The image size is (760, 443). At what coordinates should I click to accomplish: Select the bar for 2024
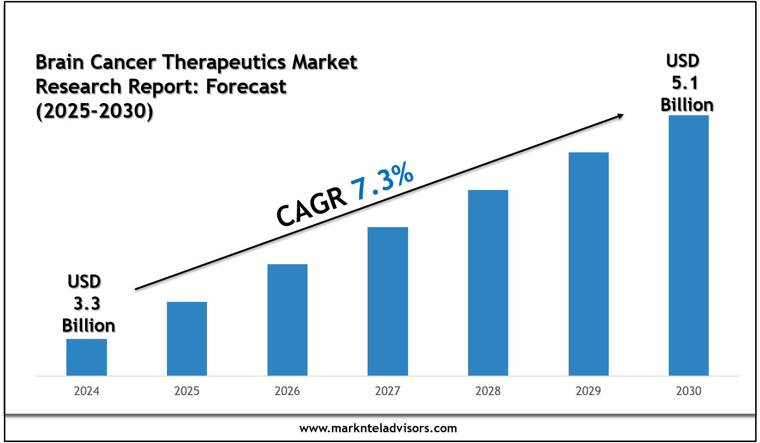click(86, 357)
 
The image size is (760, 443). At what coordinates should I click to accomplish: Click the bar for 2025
click(187, 338)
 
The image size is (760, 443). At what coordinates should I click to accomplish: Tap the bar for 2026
click(288, 320)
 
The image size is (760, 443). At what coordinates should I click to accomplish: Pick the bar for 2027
click(388, 301)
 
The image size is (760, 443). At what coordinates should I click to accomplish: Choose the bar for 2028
click(488, 283)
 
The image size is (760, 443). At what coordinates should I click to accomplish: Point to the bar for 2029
click(589, 264)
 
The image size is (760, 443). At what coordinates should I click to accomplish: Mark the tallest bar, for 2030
click(689, 245)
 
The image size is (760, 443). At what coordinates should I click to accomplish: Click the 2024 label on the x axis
click(86, 391)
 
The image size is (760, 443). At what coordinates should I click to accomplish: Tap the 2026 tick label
click(288, 391)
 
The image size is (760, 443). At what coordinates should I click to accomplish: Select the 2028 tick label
click(488, 391)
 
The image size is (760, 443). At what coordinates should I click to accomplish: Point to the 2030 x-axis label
click(689, 391)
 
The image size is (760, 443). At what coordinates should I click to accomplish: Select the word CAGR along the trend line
click(311, 207)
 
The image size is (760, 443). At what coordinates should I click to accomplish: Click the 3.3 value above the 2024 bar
click(87, 303)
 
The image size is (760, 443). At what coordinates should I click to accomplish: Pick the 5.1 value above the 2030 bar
click(685, 83)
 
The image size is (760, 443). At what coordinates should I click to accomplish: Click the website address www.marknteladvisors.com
click(378, 428)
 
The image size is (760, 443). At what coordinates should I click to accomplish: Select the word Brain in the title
click(60, 62)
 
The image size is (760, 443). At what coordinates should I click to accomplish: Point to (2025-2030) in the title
click(95, 111)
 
